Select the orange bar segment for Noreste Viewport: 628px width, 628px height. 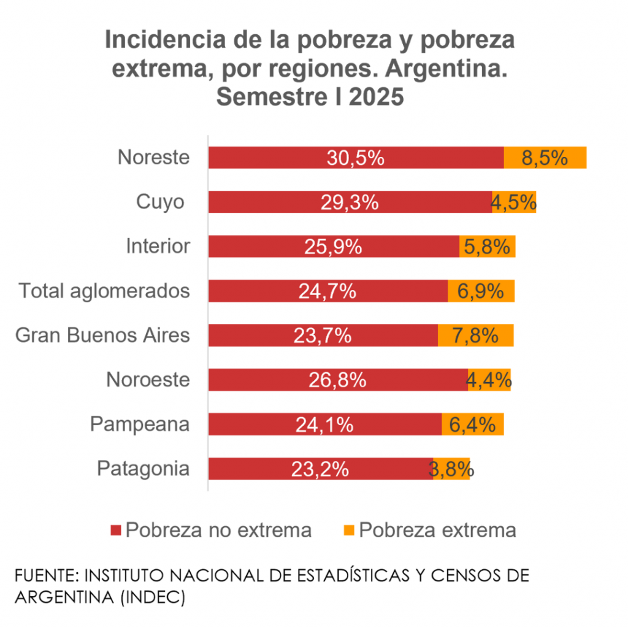click(x=545, y=158)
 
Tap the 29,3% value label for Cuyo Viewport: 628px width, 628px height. click(x=349, y=202)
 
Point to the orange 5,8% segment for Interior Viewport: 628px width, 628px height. click(x=488, y=247)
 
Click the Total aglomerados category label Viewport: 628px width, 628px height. click(x=104, y=291)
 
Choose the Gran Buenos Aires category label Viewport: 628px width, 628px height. click(x=102, y=335)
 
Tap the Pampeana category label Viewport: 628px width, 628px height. click(x=140, y=424)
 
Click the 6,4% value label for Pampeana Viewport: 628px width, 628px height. click(x=472, y=424)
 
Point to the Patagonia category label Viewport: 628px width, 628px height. click(x=143, y=469)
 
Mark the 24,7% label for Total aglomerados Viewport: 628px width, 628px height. click(x=327, y=291)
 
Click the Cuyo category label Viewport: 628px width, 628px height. click(x=160, y=202)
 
